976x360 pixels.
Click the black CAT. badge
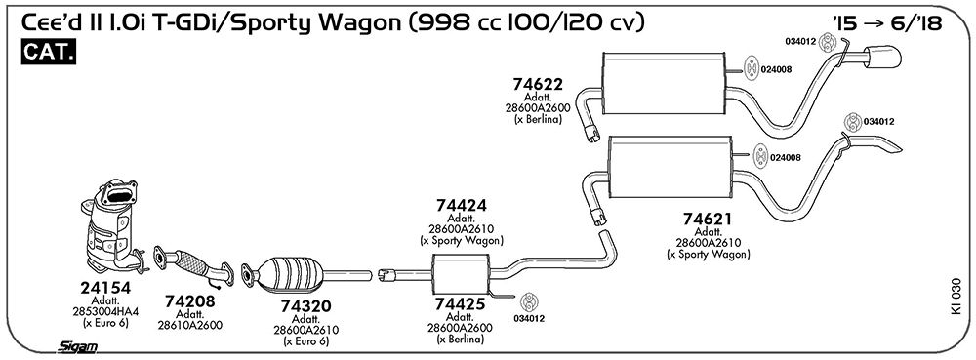[49, 53]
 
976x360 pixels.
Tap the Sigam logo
[78, 347]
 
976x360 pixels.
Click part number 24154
[105, 288]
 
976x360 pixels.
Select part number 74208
[190, 301]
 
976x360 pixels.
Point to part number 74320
[305, 306]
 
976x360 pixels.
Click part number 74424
[462, 206]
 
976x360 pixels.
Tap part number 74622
[538, 84]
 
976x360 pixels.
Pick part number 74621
[708, 220]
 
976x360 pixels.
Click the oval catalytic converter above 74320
[290, 275]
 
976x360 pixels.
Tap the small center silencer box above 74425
[461, 272]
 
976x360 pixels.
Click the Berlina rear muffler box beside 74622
[665, 83]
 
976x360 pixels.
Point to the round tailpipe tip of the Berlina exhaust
[882, 56]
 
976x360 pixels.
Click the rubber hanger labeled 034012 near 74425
[529, 302]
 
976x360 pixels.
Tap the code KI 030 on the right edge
[956, 296]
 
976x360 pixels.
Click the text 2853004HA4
[105, 311]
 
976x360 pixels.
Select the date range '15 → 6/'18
[886, 23]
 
